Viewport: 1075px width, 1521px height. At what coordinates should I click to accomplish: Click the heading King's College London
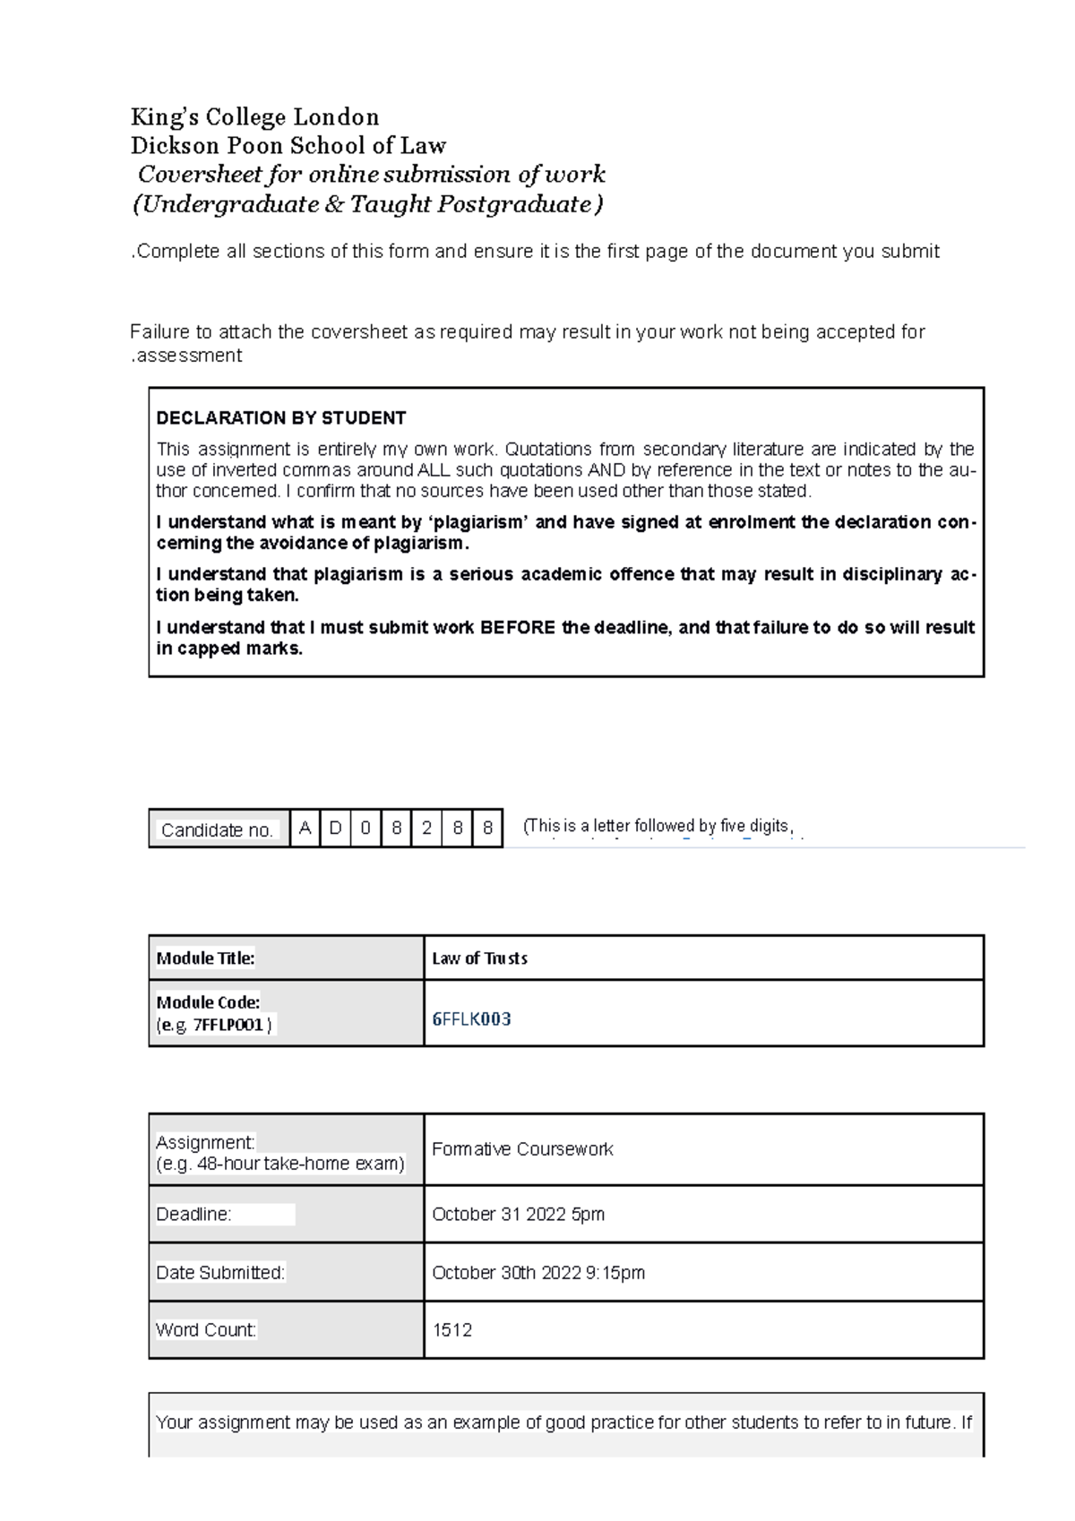[x=254, y=117]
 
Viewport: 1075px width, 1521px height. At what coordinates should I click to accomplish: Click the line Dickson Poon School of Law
[x=288, y=146]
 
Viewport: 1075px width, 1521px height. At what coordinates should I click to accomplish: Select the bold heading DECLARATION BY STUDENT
[x=280, y=418]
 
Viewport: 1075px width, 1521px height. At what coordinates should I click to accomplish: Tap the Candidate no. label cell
[x=218, y=829]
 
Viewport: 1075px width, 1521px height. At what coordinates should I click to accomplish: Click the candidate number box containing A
[x=305, y=828]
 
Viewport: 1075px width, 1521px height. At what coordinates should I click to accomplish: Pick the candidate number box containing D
[x=335, y=828]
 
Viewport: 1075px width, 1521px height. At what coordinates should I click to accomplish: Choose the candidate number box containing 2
[x=426, y=828]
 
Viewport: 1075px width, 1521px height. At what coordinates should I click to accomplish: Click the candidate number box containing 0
[x=365, y=828]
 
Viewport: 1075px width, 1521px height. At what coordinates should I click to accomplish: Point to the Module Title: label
[x=205, y=958]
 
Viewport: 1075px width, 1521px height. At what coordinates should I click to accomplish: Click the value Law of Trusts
[x=479, y=958]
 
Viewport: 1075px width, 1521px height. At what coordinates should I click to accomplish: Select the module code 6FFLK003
[x=471, y=1019]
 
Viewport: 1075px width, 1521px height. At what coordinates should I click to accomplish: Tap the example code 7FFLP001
[x=228, y=1025]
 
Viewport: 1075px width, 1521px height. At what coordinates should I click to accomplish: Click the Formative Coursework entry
[x=522, y=1149]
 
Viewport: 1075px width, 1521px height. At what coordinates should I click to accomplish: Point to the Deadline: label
[x=193, y=1215]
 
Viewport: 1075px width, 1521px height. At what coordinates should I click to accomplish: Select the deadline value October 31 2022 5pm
[x=518, y=1215]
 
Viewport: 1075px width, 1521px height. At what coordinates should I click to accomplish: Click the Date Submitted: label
[x=220, y=1273]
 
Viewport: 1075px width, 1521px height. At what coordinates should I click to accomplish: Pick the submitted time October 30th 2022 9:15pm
[x=537, y=1273]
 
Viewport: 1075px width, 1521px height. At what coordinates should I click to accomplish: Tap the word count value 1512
[x=451, y=1330]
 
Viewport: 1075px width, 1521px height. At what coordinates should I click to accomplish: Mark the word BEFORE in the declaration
[x=518, y=628]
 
